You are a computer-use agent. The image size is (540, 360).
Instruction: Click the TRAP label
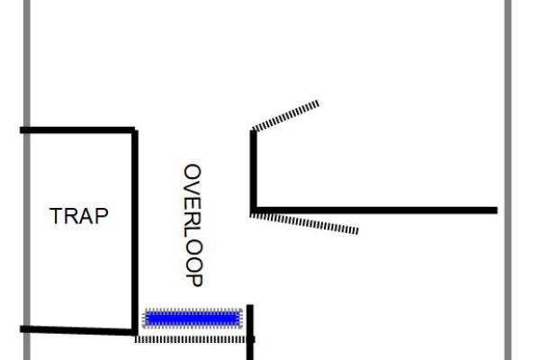coord(79,216)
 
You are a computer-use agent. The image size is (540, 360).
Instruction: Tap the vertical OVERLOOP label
coord(193,225)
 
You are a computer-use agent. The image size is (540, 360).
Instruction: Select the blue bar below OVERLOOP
coord(193,318)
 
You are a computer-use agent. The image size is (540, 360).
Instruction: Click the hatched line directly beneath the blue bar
coord(193,339)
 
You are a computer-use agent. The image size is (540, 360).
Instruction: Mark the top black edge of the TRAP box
coord(77,130)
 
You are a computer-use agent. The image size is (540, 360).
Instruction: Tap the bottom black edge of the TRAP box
coord(77,330)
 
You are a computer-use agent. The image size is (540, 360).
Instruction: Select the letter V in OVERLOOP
coord(193,185)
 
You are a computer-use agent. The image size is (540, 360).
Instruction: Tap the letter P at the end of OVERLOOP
coord(193,280)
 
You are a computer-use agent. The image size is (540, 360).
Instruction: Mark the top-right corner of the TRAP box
coord(135,131)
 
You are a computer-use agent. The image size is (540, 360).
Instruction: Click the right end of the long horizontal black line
coord(495,211)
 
